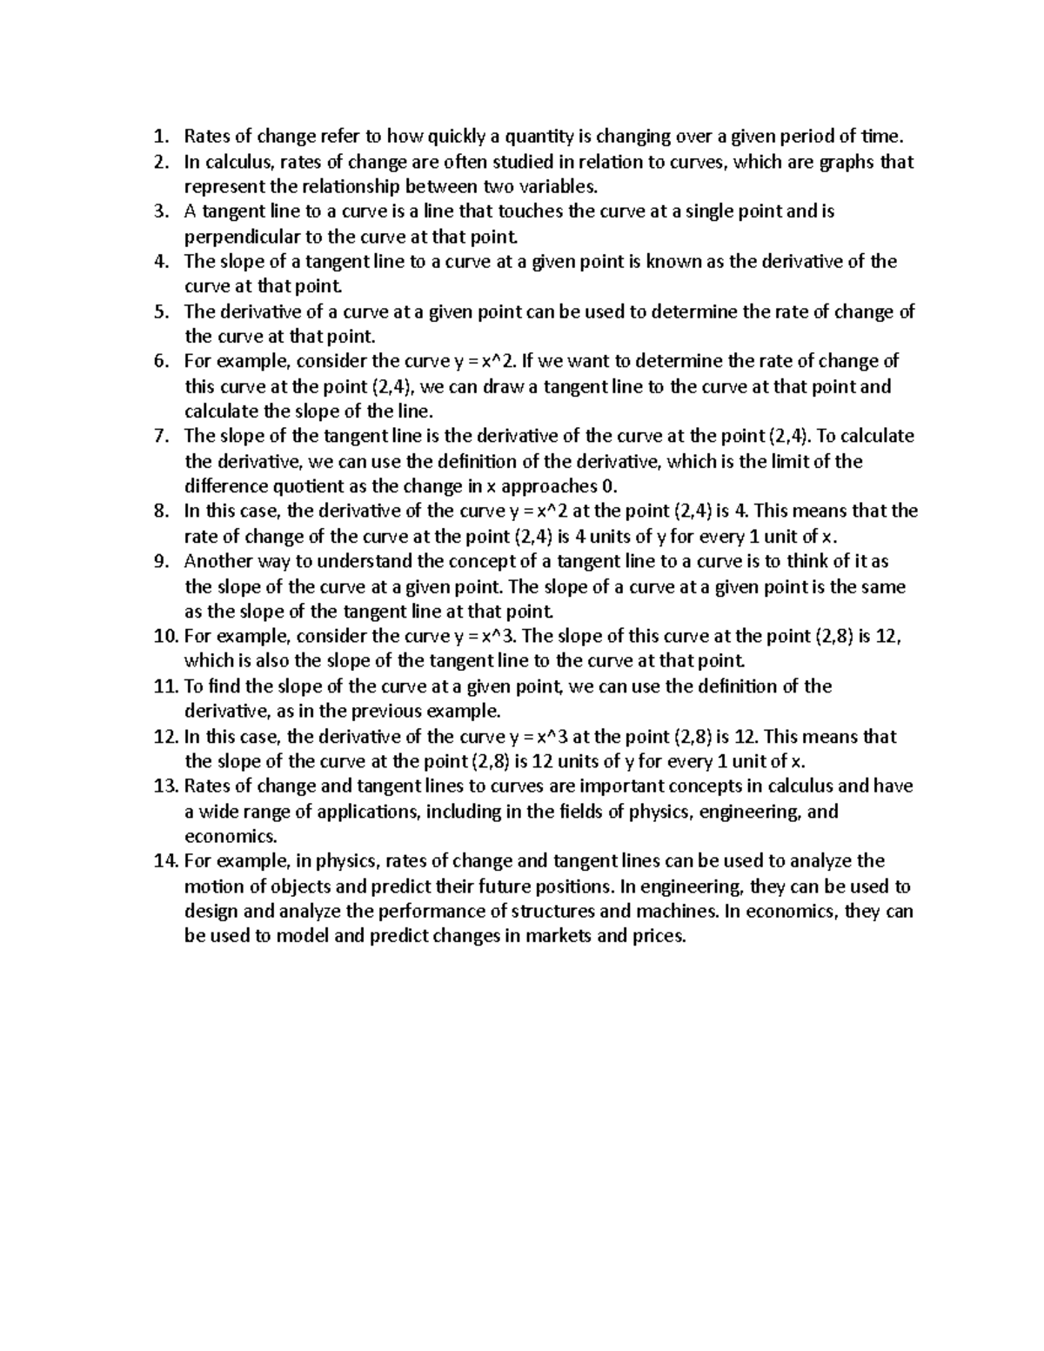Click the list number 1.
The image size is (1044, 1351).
click(159, 136)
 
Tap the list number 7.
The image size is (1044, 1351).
click(159, 436)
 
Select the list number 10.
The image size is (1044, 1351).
click(164, 636)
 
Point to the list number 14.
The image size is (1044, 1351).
click(164, 861)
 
